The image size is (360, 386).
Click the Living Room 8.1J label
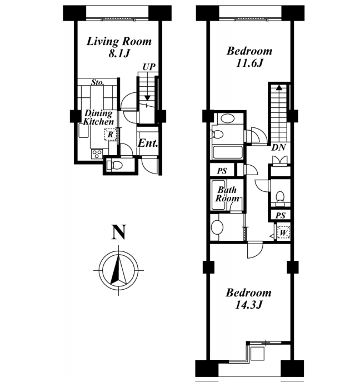click(119, 47)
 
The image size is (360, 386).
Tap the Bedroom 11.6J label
click(249, 57)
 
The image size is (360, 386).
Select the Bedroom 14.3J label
click(248, 299)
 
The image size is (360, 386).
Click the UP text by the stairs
click(149, 67)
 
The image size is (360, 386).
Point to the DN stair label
click(278, 147)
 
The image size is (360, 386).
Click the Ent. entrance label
click(148, 143)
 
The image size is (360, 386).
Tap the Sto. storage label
click(97, 82)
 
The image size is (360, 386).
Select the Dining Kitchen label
click(98, 117)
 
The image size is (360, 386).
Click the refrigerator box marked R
click(110, 135)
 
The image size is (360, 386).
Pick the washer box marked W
click(283, 232)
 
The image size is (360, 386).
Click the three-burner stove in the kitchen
click(97, 154)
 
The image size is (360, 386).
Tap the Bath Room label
click(227, 194)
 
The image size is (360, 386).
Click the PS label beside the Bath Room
click(222, 171)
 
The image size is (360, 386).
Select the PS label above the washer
click(281, 215)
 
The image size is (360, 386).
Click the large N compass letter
click(118, 232)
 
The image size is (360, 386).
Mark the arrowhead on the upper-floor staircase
click(279, 88)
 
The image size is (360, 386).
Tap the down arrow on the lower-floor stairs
click(147, 98)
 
